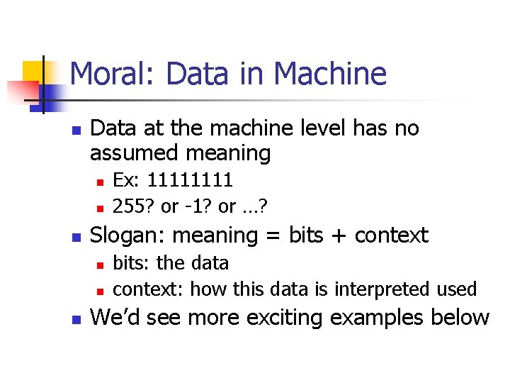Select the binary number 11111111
191,181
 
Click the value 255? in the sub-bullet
135,206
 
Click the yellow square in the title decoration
33,72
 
